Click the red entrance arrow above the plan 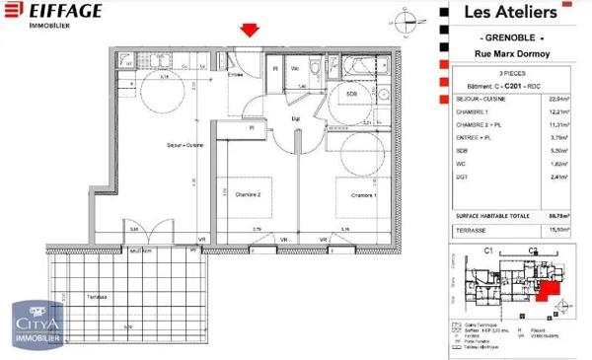pyautogui.click(x=250, y=31)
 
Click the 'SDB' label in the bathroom pyautogui.click(x=351, y=94)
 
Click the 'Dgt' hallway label pyautogui.click(x=294, y=119)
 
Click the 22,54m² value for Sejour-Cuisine pyautogui.click(x=560, y=100)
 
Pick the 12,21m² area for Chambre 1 pyautogui.click(x=560, y=112)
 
